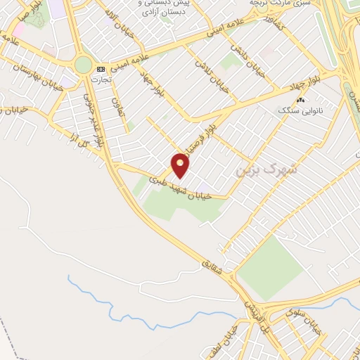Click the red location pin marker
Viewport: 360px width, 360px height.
pyautogui.click(x=181, y=166)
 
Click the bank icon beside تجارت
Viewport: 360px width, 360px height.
pyautogui.click(x=101, y=69)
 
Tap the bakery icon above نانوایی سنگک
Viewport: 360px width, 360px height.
pyautogui.click(x=301, y=100)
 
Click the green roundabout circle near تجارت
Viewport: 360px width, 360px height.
pyautogui.click(x=84, y=65)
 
